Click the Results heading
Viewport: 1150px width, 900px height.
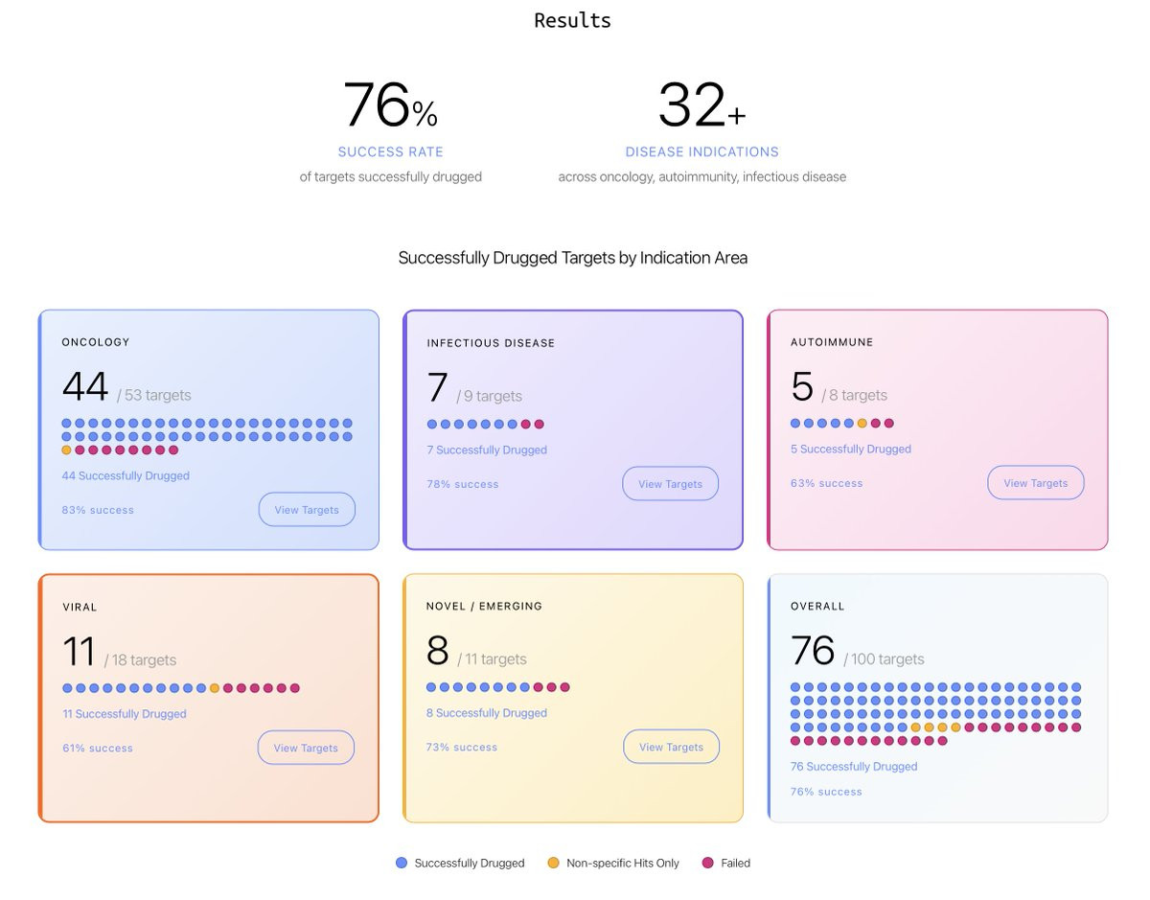coord(572,20)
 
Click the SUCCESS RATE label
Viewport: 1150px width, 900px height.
coord(390,151)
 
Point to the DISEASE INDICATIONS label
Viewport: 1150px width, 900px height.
coord(701,151)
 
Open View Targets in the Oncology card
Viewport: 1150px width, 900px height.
coord(307,510)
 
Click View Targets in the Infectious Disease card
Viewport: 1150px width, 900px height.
coord(670,484)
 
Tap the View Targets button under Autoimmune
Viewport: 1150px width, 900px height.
coord(1035,483)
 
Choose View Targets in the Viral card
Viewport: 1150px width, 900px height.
coord(306,748)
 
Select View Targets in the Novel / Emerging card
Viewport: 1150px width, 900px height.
coord(671,747)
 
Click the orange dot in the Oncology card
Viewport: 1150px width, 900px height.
coord(66,450)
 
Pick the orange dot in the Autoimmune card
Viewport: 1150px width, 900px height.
coord(862,423)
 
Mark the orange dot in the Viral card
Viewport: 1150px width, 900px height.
coord(215,688)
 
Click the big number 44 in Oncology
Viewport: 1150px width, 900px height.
coord(85,387)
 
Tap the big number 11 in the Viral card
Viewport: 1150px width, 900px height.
coord(79,652)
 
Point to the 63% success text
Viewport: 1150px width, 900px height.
coord(826,483)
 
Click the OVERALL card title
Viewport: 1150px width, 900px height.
coord(817,606)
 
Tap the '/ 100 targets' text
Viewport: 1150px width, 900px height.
coord(884,659)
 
